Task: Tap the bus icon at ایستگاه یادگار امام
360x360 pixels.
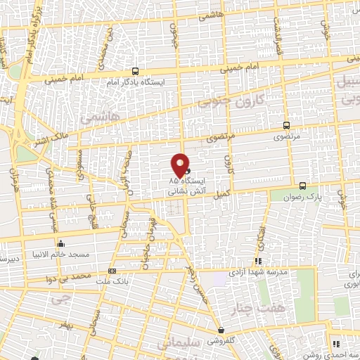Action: coord(136,71)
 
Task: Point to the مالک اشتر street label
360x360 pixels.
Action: coord(53,128)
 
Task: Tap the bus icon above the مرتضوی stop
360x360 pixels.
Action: coord(285,125)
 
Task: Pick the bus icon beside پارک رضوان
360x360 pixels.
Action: coord(302,186)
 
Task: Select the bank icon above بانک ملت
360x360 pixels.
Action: coord(112,271)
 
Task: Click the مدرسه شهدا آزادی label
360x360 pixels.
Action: coord(257,271)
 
